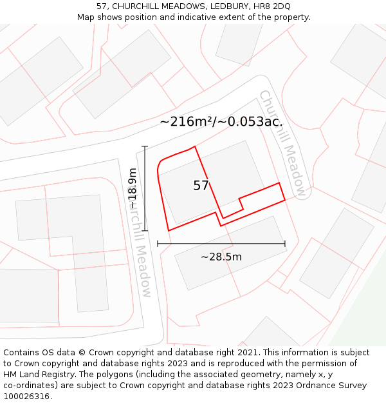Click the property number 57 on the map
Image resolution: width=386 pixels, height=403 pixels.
[x=201, y=186]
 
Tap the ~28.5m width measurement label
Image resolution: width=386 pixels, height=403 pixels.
[x=221, y=257]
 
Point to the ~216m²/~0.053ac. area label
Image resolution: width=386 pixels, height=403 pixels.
[x=221, y=121]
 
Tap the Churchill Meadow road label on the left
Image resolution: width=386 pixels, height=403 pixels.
[x=140, y=245]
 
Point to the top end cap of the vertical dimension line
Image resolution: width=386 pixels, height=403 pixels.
[x=145, y=147]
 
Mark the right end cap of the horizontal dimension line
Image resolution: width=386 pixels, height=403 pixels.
[x=285, y=244]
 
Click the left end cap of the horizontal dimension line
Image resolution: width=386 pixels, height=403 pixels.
[x=158, y=244]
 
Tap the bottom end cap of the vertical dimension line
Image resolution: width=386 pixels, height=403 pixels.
[x=145, y=231]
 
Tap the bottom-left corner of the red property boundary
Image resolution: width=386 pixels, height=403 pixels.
[x=169, y=230]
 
